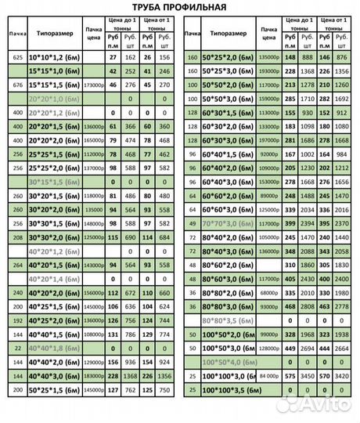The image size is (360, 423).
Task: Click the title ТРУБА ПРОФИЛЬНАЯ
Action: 179,8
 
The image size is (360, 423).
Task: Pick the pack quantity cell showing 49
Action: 193,223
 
